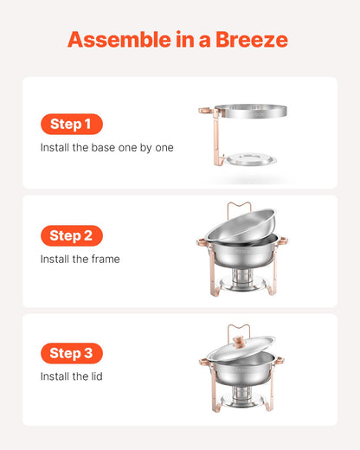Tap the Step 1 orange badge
point(71,124)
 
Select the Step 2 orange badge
point(71,235)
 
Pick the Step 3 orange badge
point(71,353)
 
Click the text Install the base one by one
point(106,147)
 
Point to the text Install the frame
point(80,259)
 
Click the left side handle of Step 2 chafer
point(202,243)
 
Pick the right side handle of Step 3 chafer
point(280,359)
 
